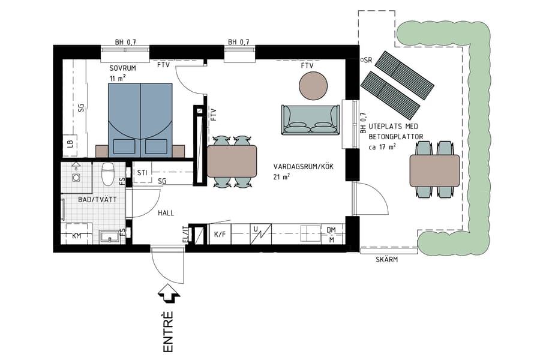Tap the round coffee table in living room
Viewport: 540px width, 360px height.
tap(314, 85)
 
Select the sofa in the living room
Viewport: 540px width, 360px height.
tap(310, 120)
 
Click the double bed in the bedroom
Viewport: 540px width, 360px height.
tap(140, 119)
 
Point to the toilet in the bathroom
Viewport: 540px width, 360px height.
tap(108, 174)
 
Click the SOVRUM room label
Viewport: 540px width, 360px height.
tap(122, 68)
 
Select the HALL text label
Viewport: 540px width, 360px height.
tap(166, 213)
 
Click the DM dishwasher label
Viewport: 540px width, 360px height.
tap(331, 230)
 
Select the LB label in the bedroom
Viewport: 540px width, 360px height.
tap(70, 143)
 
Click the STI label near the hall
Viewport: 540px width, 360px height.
tap(142, 173)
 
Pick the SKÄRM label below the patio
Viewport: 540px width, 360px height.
tap(387, 260)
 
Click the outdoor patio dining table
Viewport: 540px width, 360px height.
tap(434, 170)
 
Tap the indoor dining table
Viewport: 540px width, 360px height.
tap(232, 161)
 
